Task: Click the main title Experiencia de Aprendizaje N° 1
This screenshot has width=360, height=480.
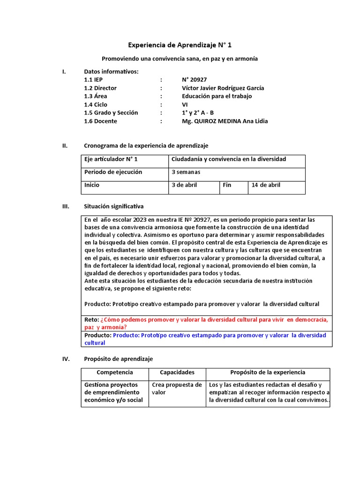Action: coord(180,45)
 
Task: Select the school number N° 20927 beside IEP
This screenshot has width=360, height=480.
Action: coord(195,80)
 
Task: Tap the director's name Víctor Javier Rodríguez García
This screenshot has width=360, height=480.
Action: coord(223,88)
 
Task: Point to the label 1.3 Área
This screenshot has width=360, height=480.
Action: coord(96,96)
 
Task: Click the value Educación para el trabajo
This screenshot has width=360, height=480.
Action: coord(217,96)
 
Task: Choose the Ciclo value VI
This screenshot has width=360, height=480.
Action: coord(185,105)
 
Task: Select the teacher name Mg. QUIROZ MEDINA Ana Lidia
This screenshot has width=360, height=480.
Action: coord(225,121)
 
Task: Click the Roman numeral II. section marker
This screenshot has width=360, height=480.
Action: coord(65,146)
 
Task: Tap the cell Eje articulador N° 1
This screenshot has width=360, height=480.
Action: coord(111,159)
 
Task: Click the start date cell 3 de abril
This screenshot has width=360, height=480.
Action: coord(185,185)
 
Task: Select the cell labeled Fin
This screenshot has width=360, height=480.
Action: coord(227,185)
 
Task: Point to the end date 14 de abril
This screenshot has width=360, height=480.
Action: coord(266,185)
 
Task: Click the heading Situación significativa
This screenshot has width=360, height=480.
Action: coord(114,206)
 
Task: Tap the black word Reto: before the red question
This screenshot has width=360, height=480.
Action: coord(91,320)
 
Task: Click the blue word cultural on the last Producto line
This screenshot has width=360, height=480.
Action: coord(95,343)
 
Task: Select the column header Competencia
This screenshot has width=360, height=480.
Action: coord(115,373)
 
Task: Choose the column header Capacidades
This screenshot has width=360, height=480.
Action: coord(177,373)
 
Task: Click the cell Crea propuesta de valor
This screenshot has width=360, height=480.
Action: coord(177,389)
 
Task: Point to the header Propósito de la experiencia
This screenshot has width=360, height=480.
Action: coord(268,373)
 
